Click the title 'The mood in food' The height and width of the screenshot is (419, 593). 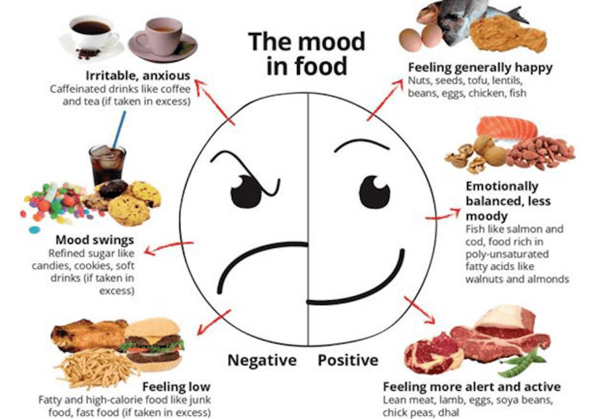click(x=307, y=53)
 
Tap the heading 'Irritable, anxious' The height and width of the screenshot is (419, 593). click(x=138, y=76)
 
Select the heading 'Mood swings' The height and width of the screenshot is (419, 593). click(x=95, y=240)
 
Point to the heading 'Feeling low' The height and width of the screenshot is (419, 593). click(x=176, y=387)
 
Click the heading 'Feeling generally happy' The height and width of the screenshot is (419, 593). click(x=480, y=68)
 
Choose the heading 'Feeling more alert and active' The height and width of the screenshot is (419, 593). click(x=472, y=387)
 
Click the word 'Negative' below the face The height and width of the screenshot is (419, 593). click(x=262, y=360)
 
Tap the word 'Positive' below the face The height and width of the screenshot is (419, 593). click(x=348, y=360)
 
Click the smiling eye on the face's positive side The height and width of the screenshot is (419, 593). click(x=374, y=191)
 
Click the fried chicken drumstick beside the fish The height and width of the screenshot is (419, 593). click(x=508, y=35)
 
